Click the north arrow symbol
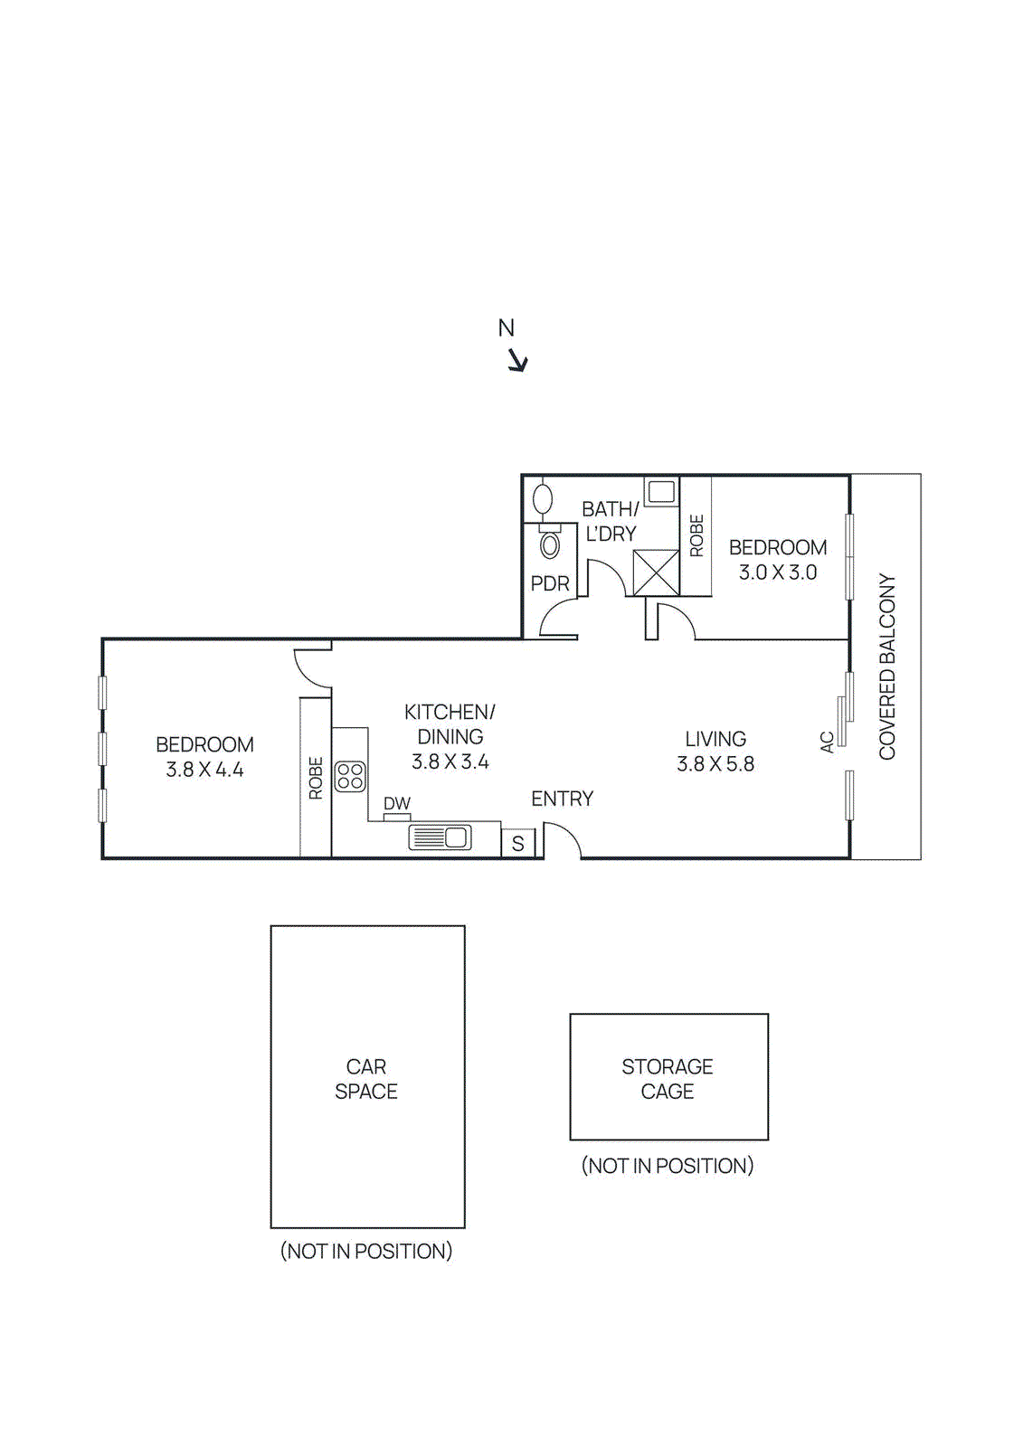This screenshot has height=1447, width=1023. pos(517,361)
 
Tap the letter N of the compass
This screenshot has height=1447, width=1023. pos(507,328)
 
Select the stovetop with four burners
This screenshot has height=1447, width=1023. pos(350,776)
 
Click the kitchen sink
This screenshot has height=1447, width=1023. pos(440,837)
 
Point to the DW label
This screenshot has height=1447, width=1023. pos(396,803)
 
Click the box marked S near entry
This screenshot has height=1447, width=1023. pos(518,844)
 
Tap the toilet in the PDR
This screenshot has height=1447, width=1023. pos(549,544)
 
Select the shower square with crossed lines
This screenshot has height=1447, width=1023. pos(656,572)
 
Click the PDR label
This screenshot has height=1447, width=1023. pos(550,584)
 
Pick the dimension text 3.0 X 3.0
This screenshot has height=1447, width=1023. pos(778,572)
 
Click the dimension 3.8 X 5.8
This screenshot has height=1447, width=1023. pos(715,764)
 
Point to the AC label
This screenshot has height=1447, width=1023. pos(827,742)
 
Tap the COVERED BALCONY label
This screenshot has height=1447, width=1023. pos(886,667)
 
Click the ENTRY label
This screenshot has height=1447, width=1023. pos(562,799)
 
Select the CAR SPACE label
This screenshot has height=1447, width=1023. pos(366,1079)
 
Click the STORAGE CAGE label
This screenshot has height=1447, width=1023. pos(668,1079)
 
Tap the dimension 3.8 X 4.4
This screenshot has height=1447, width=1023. pos(204,770)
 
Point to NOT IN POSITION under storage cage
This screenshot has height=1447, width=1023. pos(668,1166)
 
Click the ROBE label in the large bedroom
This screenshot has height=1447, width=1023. pos(316,778)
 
